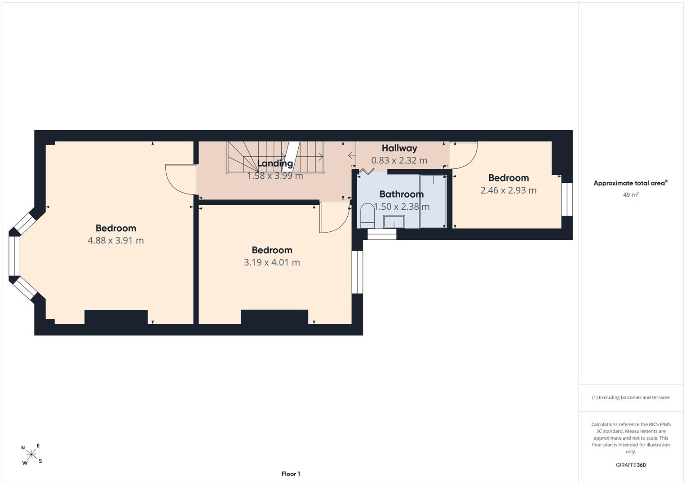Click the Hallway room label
[399, 148]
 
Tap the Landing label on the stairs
[274, 163]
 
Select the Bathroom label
[401, 194]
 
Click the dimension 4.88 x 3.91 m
[116, 240]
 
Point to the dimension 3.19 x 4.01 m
[272, 262]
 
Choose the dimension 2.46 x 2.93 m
[509, 190]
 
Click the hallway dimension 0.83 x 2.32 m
[399, 160]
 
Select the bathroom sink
[394, 222]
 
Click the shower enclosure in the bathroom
[433, 201]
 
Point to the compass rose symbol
[31, 454]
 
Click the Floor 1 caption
[291, 474]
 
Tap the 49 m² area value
[631, 194]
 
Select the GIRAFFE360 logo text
[631, 465]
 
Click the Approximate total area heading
[631, 183]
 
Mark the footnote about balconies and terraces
[631, 397]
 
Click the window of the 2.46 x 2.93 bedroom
[567, 199]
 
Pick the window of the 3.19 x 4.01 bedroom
[357, 272]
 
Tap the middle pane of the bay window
[14, 256]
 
